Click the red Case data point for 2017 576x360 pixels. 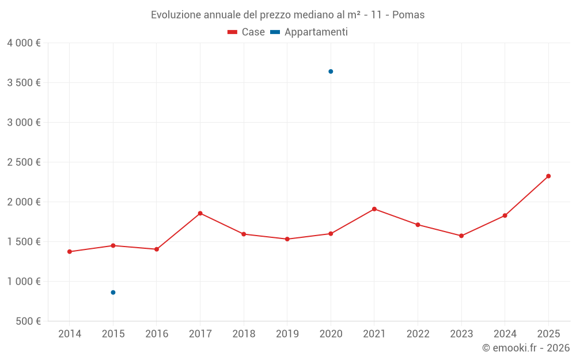200,213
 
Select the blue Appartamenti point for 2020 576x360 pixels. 331,71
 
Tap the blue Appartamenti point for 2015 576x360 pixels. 113,293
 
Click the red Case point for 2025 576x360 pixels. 548,176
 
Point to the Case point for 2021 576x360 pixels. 374,209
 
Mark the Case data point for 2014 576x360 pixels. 70,252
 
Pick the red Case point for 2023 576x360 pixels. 461,236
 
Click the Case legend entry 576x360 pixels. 247,32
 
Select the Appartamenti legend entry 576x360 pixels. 309,32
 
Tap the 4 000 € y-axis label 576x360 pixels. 24,43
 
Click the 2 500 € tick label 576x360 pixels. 24,162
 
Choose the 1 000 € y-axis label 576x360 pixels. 24,282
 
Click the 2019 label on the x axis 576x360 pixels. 287,334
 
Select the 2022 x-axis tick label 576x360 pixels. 418,334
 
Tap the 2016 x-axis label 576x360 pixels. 157,334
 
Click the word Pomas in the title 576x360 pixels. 408,15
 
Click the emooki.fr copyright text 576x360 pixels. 525,348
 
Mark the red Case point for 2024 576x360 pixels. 505,215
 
